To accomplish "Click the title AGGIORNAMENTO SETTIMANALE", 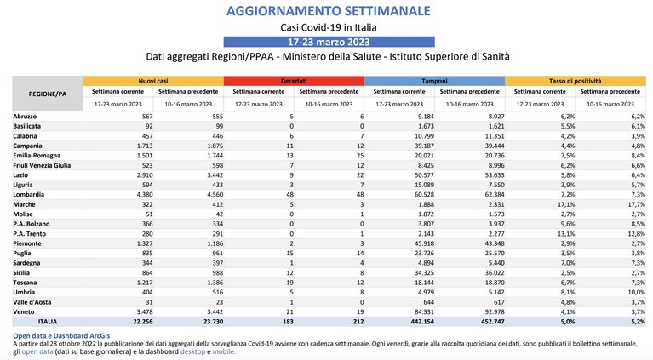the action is (328, 11).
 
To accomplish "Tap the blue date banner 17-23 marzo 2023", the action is (329, 42).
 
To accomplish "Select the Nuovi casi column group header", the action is (153, 81).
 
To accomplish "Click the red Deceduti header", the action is (294, 81).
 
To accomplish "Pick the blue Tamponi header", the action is (435, 81).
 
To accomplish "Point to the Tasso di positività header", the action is (576, 81).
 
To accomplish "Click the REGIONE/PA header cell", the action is (48, 94).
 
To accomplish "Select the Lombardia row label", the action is (29, 194).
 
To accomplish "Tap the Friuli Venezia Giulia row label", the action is (42, 165).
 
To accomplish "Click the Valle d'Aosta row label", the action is (32, 302).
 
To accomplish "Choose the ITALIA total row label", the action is (48, 322).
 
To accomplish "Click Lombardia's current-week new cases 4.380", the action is (145, 194).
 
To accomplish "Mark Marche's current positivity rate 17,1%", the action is (566, 204).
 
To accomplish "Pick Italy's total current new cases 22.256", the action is (143, 322).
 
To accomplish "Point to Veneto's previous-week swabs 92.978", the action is (495, 311).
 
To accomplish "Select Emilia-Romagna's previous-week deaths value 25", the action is (360, 155).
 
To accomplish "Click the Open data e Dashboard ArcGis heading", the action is (61, 336).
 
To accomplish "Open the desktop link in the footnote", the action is (192, 351).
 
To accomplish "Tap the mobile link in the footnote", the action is (224, 351).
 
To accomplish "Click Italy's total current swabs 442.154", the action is (422, 322).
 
